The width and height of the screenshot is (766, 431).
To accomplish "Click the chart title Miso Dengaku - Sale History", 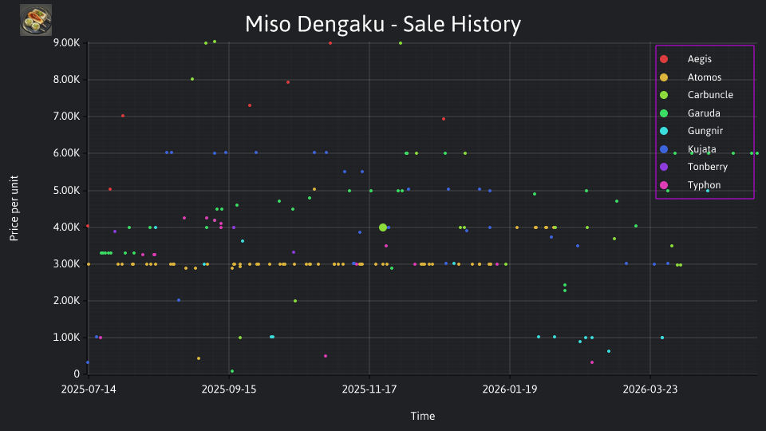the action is pos(383,24).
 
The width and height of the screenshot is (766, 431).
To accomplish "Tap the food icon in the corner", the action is pos(36,20).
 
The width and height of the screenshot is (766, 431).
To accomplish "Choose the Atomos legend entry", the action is pos(691,77).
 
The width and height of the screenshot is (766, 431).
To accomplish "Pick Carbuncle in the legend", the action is pos(697,95).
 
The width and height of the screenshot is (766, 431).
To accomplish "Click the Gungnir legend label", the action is pos(705,131).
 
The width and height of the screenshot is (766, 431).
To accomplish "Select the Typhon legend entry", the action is pos(690,184).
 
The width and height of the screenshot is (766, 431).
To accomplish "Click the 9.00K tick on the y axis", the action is pos(66,43).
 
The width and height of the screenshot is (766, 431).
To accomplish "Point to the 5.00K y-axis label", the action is pos(66,190).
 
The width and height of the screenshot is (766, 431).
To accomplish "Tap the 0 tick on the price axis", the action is pos(77,374).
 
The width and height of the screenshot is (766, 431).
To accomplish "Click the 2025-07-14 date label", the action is pos(89,389).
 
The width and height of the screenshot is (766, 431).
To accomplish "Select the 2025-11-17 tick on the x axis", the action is pos(369,389).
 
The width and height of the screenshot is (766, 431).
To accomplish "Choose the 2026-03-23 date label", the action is pos(650,389).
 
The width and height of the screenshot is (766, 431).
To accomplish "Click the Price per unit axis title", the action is pos(14,208).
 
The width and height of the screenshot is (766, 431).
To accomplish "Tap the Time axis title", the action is pos(423,416).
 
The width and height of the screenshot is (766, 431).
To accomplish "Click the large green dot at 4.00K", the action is pos(383,227).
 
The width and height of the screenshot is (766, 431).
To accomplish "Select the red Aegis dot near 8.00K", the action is pos(288,82).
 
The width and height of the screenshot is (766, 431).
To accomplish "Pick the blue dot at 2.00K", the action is pos(179,300).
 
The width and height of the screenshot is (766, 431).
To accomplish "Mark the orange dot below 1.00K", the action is pos(199,358).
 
